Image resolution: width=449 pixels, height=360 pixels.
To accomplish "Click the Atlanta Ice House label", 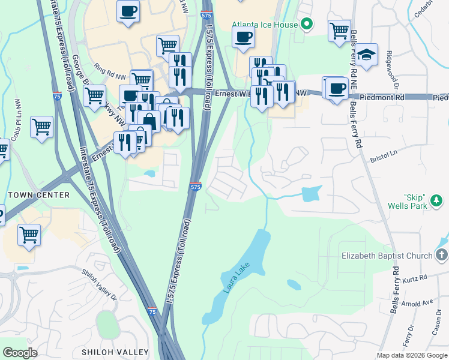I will click(x=265, y=25).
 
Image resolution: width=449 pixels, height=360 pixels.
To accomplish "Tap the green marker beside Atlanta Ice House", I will click(x=307, y=25).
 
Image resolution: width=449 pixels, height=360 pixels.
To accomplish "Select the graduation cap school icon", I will click(x=366, y=55).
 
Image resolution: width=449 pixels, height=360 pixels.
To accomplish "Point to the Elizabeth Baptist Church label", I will click(x=387, y=256).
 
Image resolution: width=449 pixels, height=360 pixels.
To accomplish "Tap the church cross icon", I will click(x=442, y=255).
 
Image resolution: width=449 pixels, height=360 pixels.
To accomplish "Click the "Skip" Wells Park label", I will click(x=423, y=202).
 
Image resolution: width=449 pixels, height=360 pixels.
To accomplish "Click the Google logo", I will click(x=20, y=353).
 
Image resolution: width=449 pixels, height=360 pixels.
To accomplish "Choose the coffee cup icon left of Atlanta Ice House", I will click(x=243, y=37).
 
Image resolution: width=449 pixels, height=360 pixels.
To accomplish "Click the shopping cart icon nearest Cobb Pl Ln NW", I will click(x=41, y=127).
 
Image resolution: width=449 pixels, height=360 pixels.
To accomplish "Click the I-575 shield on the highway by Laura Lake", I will click(x=195, y=187).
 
